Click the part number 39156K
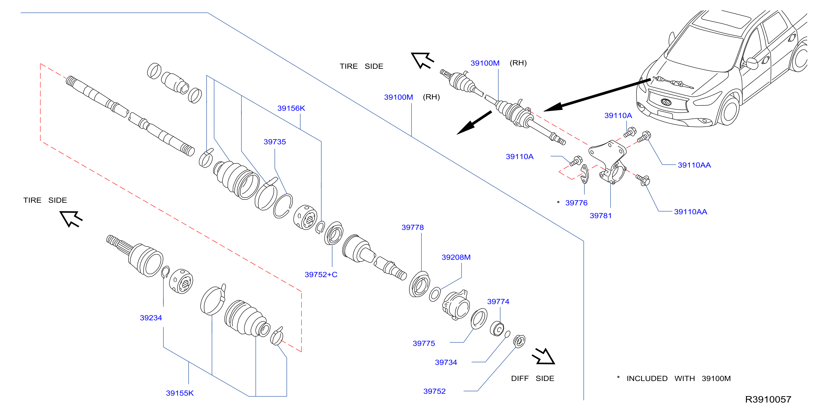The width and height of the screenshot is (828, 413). pyautogui.click(x=291, y=108)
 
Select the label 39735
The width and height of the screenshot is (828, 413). pyautogui.click(x=275, y=142)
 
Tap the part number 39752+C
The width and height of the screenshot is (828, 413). pyautogui.click(x=321, y=275)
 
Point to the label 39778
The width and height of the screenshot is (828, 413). pyautogui.click(x=412, y=227)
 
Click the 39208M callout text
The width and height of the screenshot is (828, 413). pyautogui.click(x=456, y=257)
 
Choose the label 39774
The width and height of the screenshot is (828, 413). pyautogui.click(x=498, y=302)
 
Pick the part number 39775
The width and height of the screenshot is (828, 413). pyautogui.click(x=424, y=343)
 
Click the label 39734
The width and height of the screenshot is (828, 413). pyautogui.click(x=446, y=363)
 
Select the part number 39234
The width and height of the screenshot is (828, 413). pyautogui.click(x=151, y=318)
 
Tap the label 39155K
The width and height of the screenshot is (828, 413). pyautogui.click(x=180, y=393)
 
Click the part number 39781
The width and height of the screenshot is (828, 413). pyautogui.click(x=600, y=216)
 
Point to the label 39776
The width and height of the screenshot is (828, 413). pyautogui.click(x=576, y=203)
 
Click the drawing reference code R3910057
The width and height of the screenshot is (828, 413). pyautogui.click(x=768, y=399)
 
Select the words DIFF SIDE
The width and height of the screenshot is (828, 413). pyautogui.click(x=533, y=378)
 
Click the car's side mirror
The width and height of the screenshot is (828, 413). pyautogui.click(x=752, y=63)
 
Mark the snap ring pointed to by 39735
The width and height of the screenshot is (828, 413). pyautogui.click(x=283, y=206)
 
